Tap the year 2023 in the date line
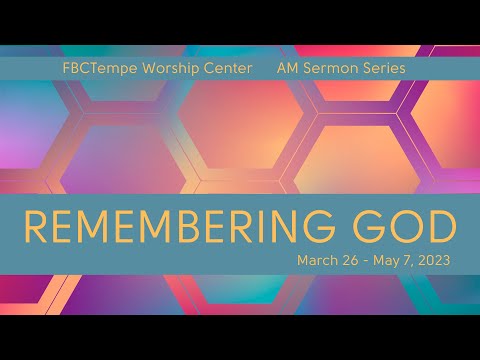[x=435, y=261]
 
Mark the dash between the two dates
[x=363, y=261]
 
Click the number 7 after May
[x=405, y=261]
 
